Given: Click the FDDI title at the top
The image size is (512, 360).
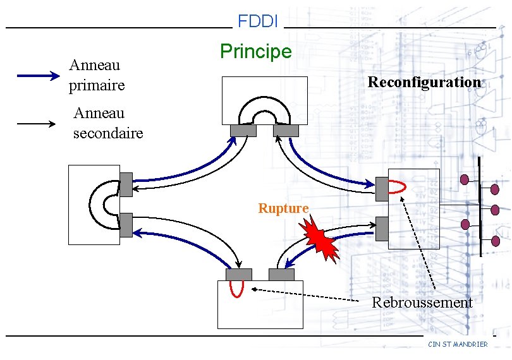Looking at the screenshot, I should pyautogui.click(x=258, y=21).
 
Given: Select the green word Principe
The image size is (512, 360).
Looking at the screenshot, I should pyautogui.click(x=256, y=51).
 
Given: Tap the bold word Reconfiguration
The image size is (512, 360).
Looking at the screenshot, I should pyautogui.click(x=424, y=82).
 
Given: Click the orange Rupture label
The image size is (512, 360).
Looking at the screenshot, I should pyautogui.click(x=283, y=208).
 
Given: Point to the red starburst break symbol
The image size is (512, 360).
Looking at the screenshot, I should pyautogui.click(x=321, y=239).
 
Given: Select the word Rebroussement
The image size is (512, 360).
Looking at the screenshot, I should pyautogui.click(x=422, y=303).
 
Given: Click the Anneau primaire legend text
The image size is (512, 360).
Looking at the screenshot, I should pyautogui.click(x=97, y=75).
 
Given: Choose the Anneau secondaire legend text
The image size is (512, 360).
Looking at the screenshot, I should pyautogui.click(x=107, y=123).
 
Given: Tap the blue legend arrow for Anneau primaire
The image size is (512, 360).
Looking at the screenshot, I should pyautogui.click(x=38, y=76).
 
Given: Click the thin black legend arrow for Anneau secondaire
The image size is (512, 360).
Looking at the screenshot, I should pyautogui.click(x=37, y=124).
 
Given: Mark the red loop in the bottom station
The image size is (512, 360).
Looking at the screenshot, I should pyautogui.click(x=236, y=289).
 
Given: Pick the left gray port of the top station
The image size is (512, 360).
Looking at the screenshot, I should pyautogui.click(x=243, y=131).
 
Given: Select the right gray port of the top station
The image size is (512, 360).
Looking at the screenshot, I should pyautogui.click(x=286, y=131).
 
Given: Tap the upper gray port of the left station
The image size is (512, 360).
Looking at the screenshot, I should pyautogui.click(x=126, y=184).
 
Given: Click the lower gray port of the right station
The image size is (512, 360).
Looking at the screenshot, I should pyautogui.click(x=382, y=229).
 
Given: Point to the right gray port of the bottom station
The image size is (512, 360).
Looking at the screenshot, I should pyautogui.click(x=281, y=275).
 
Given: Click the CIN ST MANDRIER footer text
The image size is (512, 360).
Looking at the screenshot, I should pyautogui.click(x=458, y=344).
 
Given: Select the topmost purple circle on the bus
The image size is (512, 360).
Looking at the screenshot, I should pyautogui.click(x=465, y=180).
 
